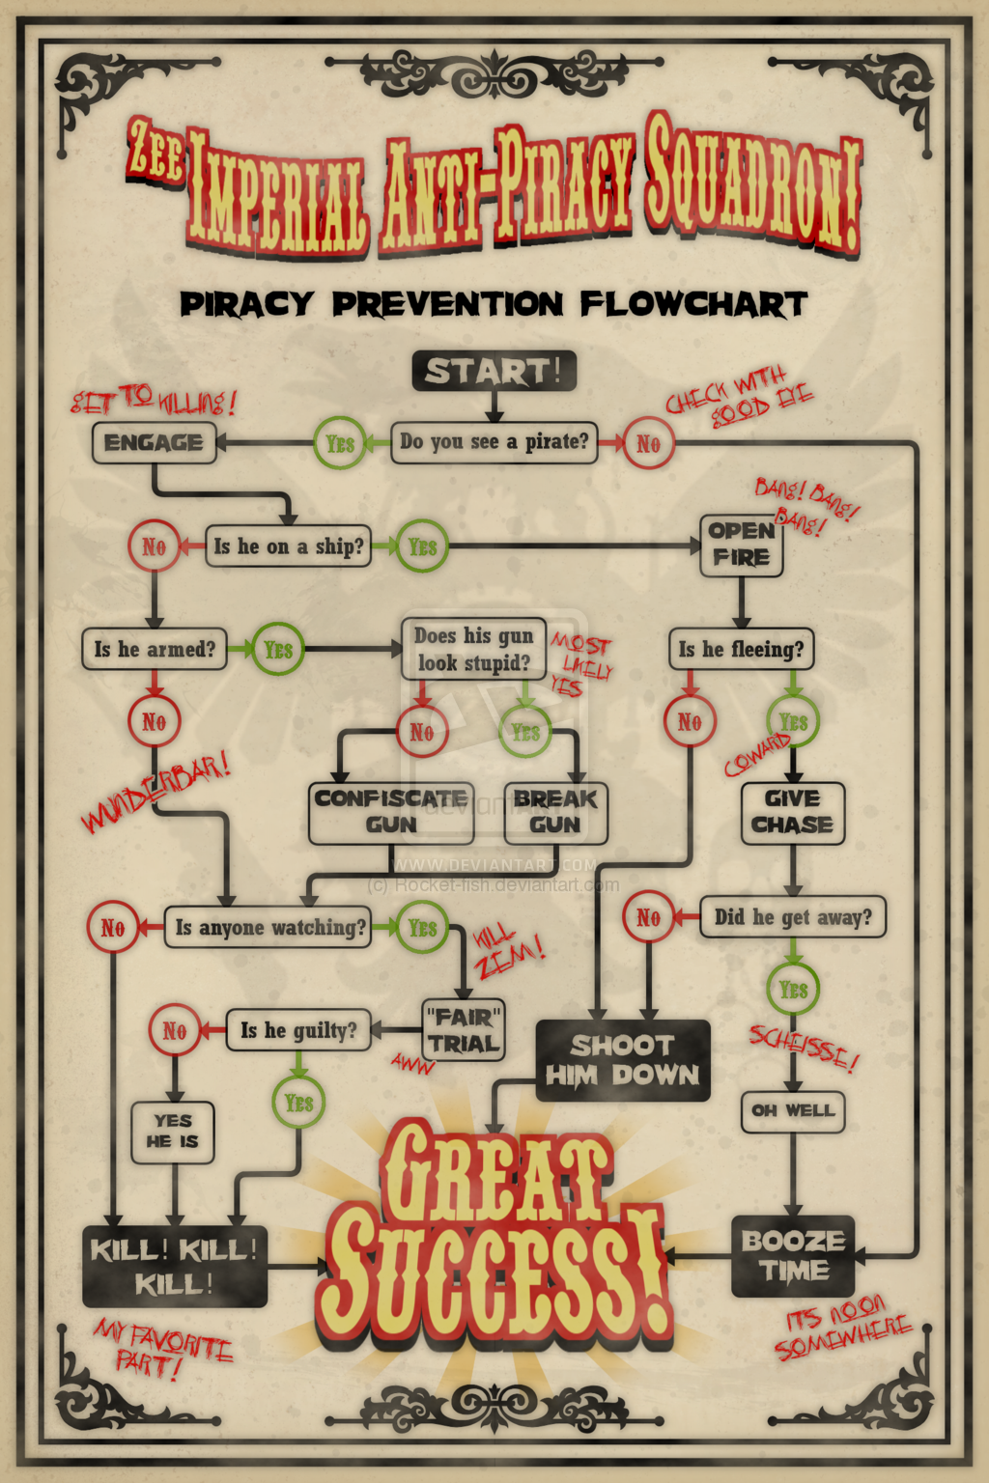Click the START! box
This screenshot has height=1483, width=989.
tap(494, 371)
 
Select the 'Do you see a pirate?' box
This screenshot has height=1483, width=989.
tap(494, 442)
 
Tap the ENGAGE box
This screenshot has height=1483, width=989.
tap(154, 443)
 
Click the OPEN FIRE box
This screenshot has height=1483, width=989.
tap(741, 545)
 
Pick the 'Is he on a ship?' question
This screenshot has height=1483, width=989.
tap(288, 546)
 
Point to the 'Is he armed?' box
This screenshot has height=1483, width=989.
tap(155, 649)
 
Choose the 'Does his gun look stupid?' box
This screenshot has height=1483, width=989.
tap(473, 649)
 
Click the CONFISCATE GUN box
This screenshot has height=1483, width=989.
tap(391, 812)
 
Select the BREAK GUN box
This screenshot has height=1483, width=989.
tap(555, 812)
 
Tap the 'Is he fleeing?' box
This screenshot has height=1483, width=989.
tap(741, 649)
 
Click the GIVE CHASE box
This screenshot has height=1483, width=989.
tap(792, 812)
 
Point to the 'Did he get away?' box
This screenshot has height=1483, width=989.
tap(792, 916)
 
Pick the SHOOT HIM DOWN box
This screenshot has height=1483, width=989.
tap(622, 1060)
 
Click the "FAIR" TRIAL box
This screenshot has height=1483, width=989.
tap(464, 1030)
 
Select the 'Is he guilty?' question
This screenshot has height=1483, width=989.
tap(298, 1030)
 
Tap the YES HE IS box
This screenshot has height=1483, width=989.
tap(173, 1131)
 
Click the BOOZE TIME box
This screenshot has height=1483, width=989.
tap(793, 1255)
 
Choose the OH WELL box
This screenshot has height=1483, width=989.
tap(793, 1110)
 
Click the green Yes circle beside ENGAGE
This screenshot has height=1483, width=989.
tap(339, 443)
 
